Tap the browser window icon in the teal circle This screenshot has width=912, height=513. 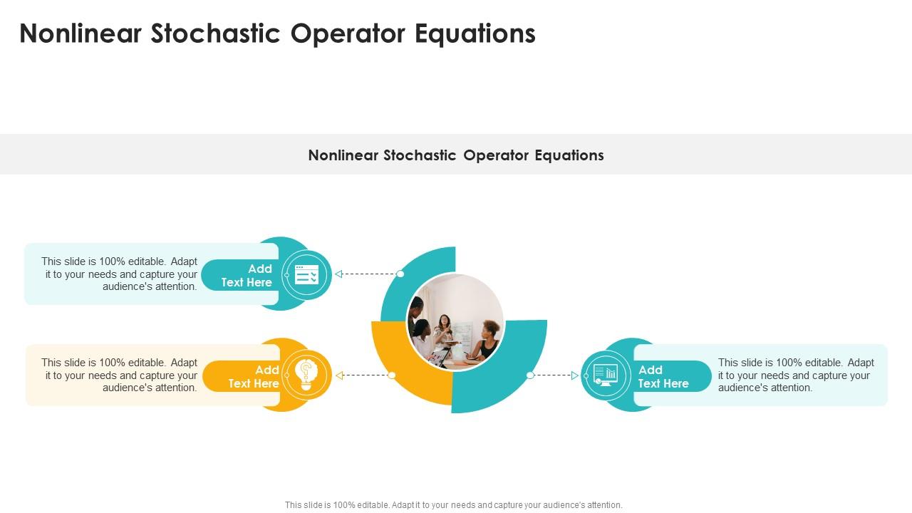point(306,274)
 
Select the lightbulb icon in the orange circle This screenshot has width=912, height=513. point(306,375)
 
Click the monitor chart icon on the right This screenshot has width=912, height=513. point(606,375)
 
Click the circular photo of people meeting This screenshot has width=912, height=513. point(455,322)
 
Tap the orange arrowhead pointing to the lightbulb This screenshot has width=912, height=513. point(339,375)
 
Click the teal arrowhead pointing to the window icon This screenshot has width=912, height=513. point(339,274)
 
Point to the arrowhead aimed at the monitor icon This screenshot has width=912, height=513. point(574,375)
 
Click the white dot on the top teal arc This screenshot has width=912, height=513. point(400,274)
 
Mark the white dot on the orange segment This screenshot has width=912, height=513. point(392,375)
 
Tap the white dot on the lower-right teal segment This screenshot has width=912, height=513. point(530,375)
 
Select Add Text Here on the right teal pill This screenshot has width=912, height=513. point(663,377)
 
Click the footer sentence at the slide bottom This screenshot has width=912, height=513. point(454,505)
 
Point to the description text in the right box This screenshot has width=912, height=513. point(795,375)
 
